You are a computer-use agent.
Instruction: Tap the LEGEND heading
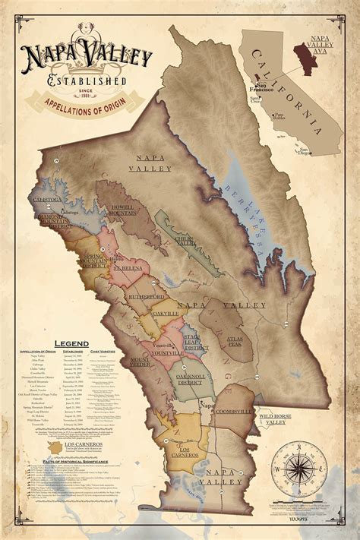point(70,343)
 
